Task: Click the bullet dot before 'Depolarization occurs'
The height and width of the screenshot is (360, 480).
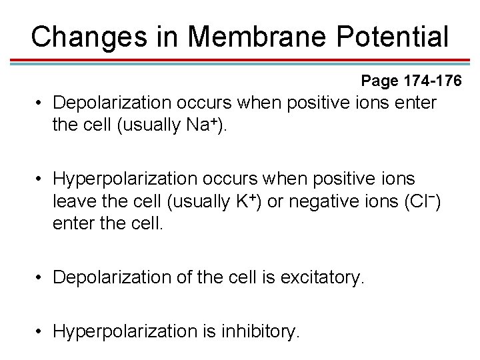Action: point(41,103)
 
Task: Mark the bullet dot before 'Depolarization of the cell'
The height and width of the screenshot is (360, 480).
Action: point(41,277)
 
